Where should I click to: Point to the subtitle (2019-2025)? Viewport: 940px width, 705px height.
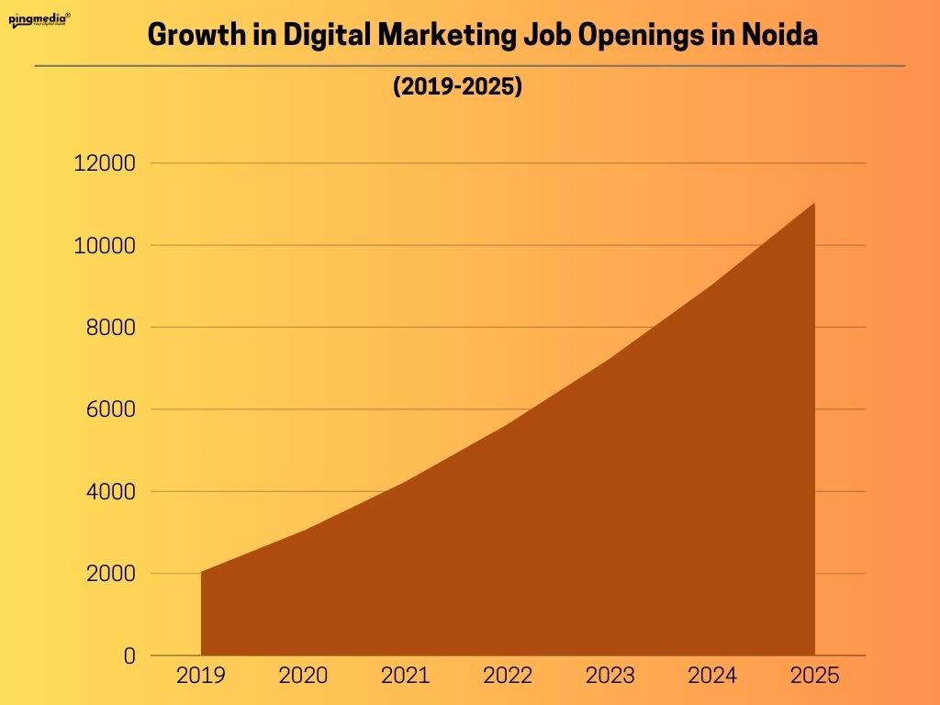coord(457,88)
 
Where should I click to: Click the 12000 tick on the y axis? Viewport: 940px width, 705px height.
coord(104,163)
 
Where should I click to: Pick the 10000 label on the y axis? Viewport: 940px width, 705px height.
coord(104,246)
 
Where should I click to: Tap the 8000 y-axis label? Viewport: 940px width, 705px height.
coord(109,328)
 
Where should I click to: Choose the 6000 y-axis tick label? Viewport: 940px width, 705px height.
coord(109,409)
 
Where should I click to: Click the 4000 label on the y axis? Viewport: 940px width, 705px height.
coord(109,492)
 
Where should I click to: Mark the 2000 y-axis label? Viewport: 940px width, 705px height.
coord(109,574)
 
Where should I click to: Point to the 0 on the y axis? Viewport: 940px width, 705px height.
coord(129,656)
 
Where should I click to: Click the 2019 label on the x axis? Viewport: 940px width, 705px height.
coord(200,677)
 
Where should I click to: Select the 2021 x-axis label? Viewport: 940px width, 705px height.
coord(405,677)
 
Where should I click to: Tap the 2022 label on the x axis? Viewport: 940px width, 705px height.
coord(508,677)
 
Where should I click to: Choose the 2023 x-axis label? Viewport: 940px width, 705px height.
coord(610,677)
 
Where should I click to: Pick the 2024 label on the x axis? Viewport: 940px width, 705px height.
coord(712,677)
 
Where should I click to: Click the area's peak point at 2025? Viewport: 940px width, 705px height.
coord(813,204)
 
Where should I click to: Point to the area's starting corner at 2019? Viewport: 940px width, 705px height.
coord(202,573)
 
